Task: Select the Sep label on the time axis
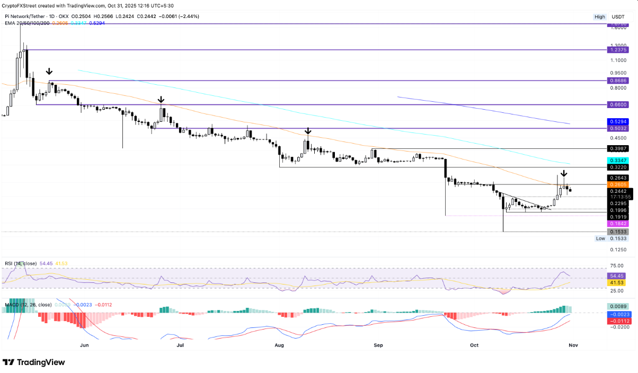[x=378, y=345]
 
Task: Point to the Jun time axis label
[x=84, y=345]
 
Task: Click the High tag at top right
[x=600, y=17]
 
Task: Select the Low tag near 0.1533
[x=600, y=239]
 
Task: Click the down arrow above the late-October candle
[x=564, y=173]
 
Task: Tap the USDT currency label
[x=618, y=17]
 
